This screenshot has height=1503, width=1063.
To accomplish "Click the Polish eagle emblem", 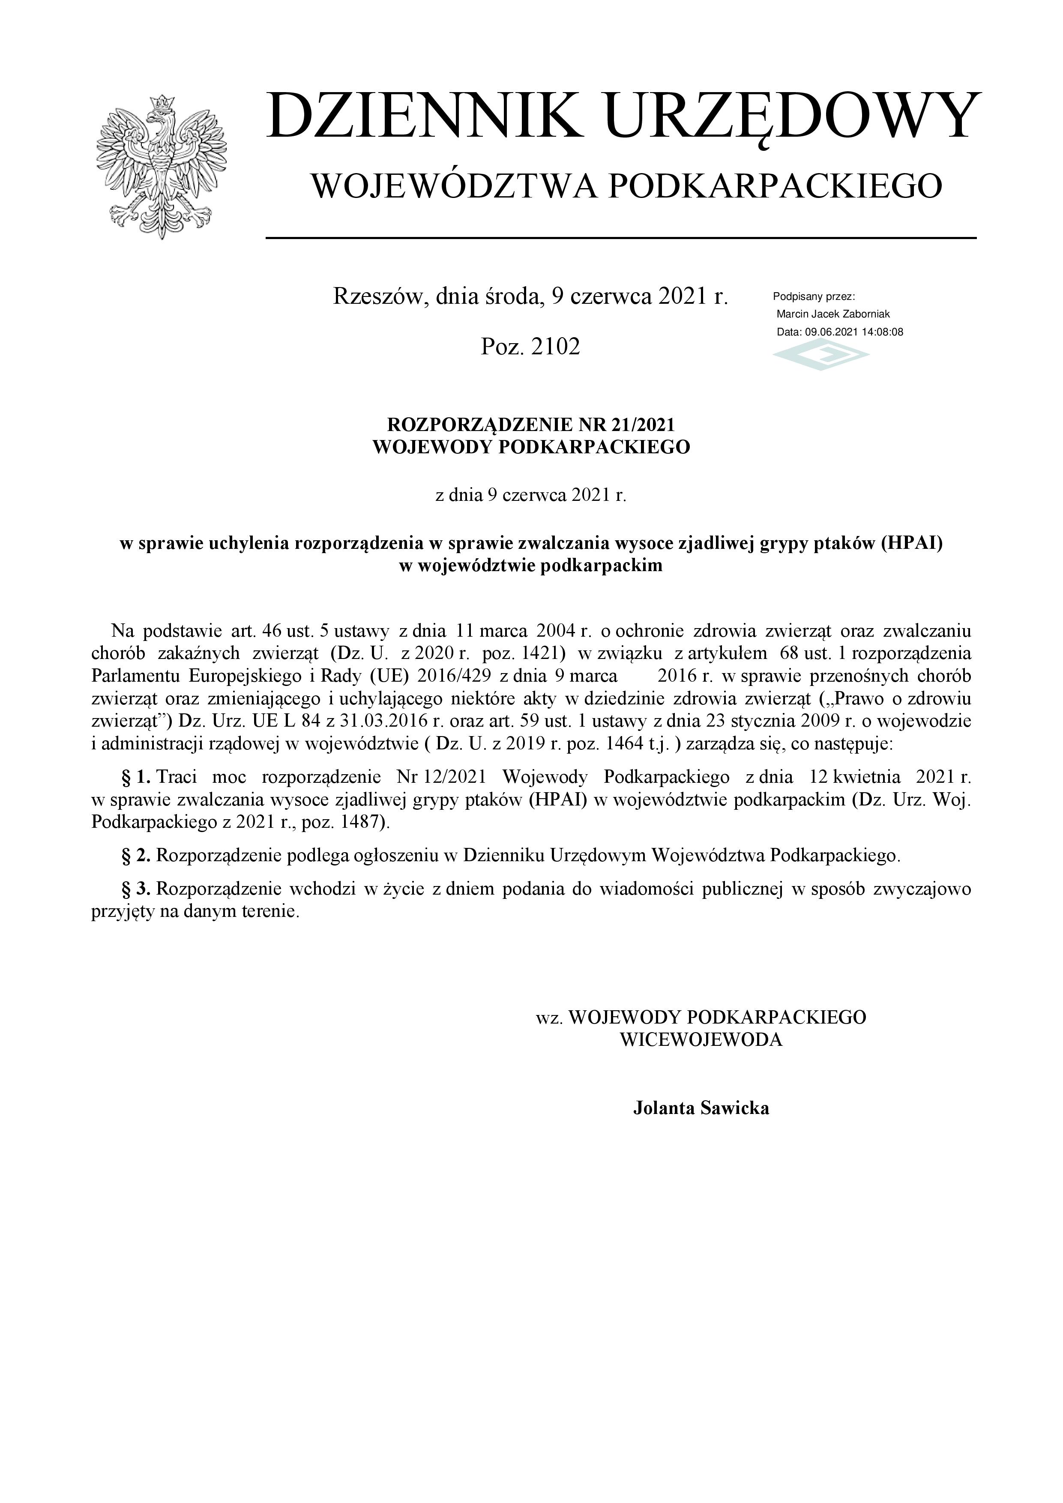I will [x=161, y=168].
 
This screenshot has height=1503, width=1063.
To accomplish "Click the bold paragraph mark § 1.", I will [x=136, y=778].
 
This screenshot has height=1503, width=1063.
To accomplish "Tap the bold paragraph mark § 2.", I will [x=136, y=856].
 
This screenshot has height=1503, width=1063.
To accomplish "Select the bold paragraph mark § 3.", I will [x=136, y=889].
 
